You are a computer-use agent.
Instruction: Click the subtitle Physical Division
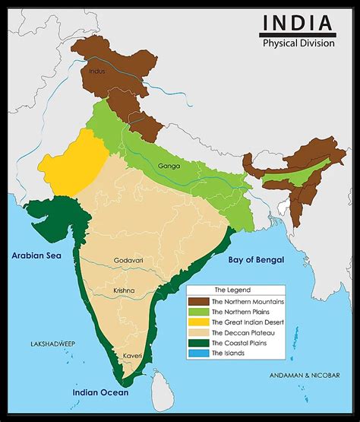pos(298,43)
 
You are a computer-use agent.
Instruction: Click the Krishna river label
pos(125,291)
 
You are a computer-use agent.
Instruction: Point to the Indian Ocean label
pos(100,392)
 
